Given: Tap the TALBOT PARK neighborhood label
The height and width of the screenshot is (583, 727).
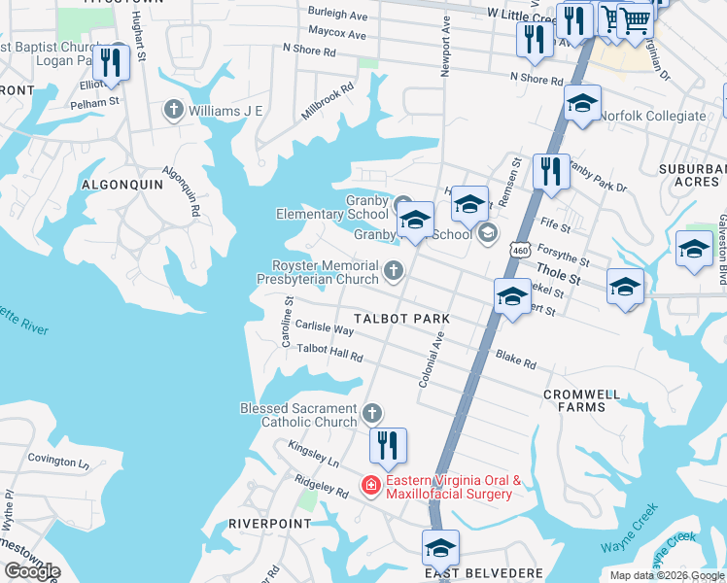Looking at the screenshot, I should click(x=401, y=319).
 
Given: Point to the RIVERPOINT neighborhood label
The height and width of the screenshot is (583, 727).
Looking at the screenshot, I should click(x=270, y=523).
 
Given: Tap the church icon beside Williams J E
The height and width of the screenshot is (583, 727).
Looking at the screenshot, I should click(x=175, y=110).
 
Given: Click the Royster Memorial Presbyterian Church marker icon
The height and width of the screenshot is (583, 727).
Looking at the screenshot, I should click(x=394, y=271).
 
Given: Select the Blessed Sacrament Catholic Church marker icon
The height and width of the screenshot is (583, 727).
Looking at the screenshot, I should click(x=371, y=415).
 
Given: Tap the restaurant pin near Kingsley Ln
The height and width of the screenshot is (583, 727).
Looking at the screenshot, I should click(x=388, y=446).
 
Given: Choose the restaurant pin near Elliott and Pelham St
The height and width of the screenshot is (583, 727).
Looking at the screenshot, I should click(x=112, y=62).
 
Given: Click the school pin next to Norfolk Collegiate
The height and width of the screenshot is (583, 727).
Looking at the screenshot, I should click(x=581, y=104).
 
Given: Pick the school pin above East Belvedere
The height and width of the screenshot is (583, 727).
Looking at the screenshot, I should click(x=440, y=548).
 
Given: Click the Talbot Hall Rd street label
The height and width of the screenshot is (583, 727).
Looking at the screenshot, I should click(x=329, y=353).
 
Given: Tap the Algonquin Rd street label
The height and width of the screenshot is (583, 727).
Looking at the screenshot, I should click(x=181, y=191).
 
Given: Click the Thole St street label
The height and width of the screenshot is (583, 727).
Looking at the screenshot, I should click(x=560, y=279).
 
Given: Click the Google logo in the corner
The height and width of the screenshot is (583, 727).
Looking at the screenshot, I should click(x=32, y=571).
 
